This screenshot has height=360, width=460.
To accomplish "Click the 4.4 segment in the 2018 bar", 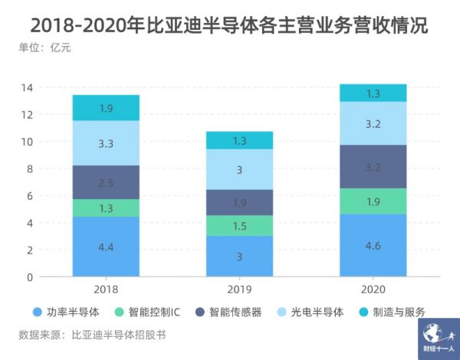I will pos(106,246).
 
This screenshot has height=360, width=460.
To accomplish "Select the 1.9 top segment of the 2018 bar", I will pos(106,108).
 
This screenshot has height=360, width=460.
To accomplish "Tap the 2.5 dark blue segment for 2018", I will pos(106,182).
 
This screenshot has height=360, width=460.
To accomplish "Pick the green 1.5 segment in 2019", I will pos(240,226).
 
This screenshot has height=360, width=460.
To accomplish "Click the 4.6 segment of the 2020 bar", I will pos(373,245).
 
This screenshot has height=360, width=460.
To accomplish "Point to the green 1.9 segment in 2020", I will pos(373,201).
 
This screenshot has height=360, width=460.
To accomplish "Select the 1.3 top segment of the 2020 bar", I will pos(373,93).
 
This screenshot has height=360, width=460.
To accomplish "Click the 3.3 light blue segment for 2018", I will pos(106,143).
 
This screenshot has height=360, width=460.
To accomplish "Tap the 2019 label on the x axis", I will pos(240,290).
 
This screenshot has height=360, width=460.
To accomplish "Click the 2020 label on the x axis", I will pos(373,290).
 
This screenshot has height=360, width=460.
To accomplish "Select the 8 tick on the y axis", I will pos(29,169).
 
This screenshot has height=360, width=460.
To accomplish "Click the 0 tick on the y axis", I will pos(29,277).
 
